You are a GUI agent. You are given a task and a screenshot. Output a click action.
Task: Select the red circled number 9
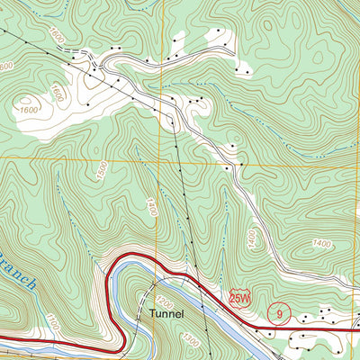(x=280, y=314)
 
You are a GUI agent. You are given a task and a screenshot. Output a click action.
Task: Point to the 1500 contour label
(x=102, y=171)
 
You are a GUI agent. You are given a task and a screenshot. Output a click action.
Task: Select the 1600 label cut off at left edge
(x=6, y=67)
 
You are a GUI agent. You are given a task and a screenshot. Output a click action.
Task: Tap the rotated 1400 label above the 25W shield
(x=251, y=238)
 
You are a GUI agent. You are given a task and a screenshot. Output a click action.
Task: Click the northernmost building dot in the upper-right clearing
(x=219, y=30)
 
